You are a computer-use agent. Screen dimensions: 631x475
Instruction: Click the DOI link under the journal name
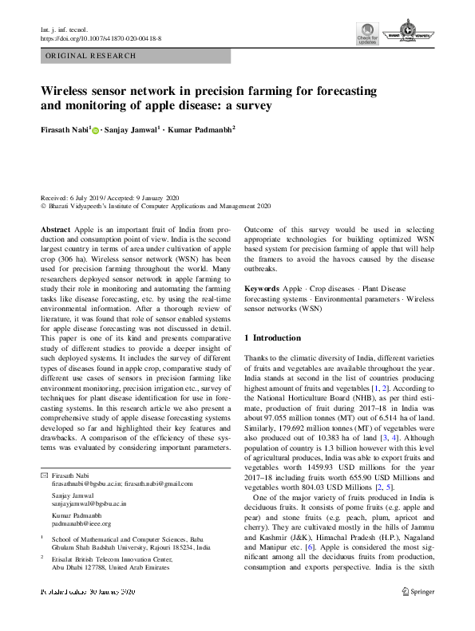coord(101,37)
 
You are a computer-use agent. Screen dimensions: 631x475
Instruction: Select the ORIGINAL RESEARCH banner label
coord(91,56)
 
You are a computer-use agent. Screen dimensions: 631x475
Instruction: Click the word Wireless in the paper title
coord(69,92)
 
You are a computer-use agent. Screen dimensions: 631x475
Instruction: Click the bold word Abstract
coord(55,228)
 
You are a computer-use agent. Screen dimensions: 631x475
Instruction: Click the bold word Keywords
coord(262,286)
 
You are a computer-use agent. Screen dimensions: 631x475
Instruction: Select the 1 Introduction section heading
coord(279,338)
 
